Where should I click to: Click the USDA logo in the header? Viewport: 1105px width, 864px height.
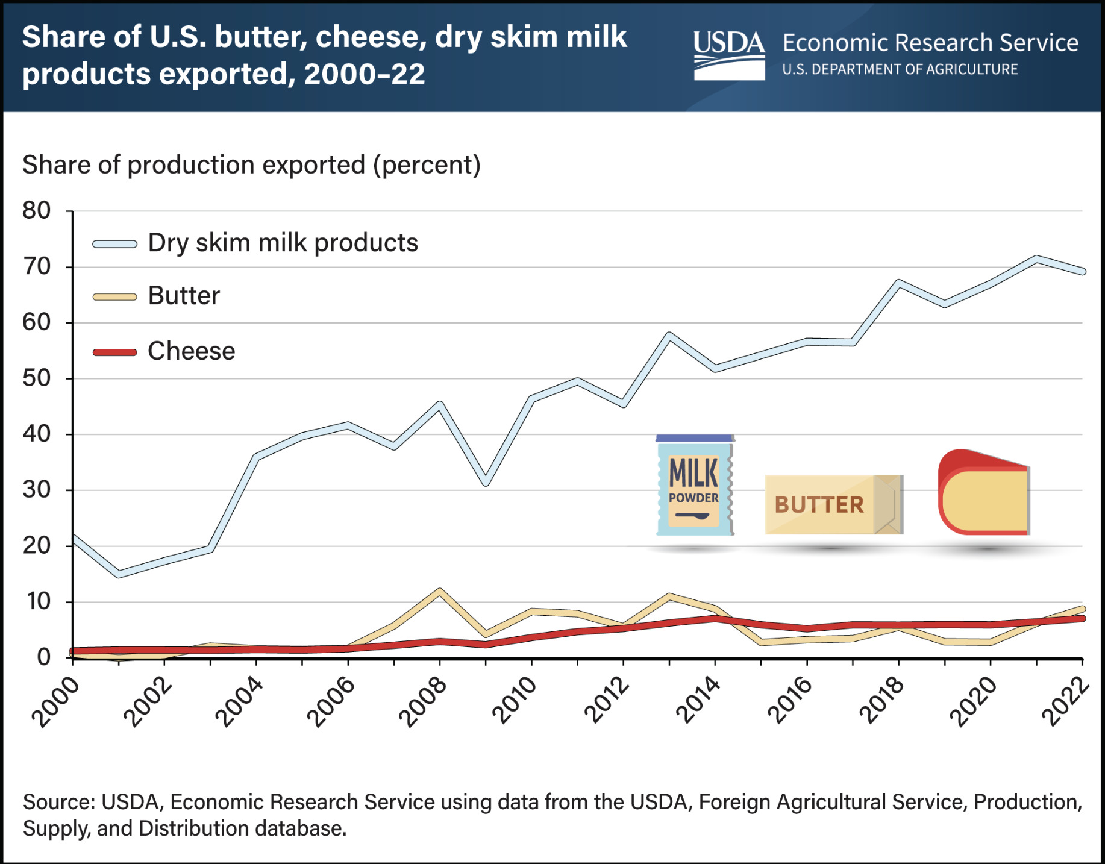(729, 55)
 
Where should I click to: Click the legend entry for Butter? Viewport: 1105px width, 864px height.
(184, 296)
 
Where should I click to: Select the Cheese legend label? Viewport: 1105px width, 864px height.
(191, 351)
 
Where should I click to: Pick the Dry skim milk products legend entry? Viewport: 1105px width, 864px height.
(283, 243)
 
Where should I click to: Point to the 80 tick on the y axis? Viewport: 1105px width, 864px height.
(36, 211)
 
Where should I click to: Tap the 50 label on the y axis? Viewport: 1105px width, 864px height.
(36, 378)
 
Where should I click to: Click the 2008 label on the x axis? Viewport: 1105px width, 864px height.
(424, 701)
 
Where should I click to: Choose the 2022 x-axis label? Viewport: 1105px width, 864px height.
(1066, 701)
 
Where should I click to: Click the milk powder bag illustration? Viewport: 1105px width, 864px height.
(695, 486)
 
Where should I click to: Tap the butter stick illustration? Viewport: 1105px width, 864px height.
(833, 504)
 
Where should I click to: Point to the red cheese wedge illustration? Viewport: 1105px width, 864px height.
(983, 492)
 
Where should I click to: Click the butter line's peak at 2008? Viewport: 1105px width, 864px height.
(440, 591)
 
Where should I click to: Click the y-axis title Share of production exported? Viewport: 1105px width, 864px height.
(251, 165)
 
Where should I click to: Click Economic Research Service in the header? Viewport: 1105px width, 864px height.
(930, 43)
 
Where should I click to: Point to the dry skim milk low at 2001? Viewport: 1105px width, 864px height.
(119, 575)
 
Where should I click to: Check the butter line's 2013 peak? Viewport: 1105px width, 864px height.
(669, 596)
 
